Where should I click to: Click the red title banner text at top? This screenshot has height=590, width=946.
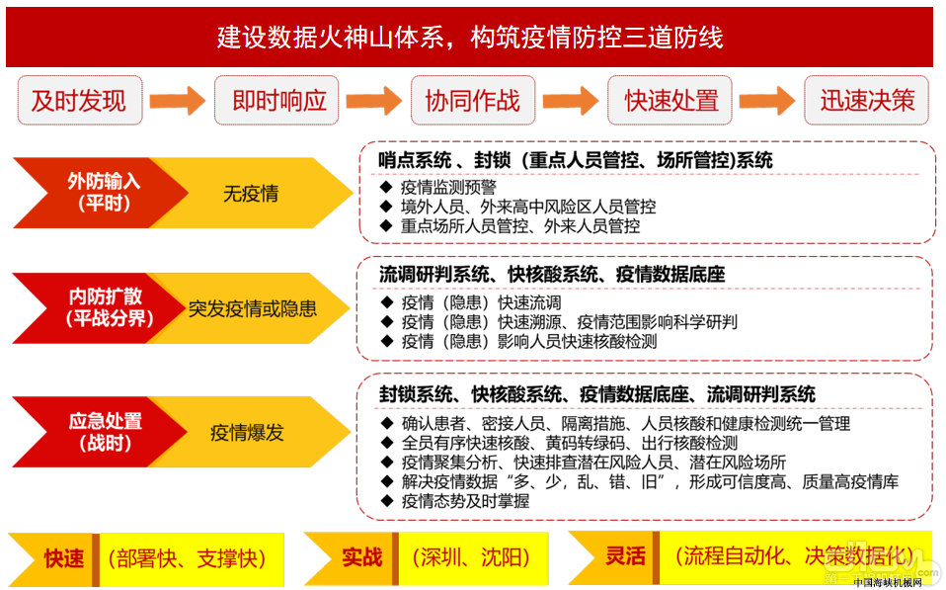click(470, 38)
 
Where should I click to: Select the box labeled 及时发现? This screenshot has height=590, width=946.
click(80, 100)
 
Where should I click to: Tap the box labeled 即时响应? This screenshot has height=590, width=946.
click(276, 100)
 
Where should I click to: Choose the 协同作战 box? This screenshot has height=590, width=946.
click(473, 100)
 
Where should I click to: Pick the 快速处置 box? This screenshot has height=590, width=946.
click(670, 100)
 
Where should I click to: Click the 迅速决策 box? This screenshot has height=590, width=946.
click(866, 100)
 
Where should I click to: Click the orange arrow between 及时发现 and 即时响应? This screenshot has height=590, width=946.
click(178, 100)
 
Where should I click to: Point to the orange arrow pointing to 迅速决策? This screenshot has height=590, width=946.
click(767, 100)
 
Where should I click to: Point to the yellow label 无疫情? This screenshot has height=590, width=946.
click(251, 194)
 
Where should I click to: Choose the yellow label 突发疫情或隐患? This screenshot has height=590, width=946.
click(252, 308)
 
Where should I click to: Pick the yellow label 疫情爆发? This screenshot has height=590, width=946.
click(247, 433)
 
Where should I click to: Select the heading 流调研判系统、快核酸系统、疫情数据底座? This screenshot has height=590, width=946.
click(552, 274)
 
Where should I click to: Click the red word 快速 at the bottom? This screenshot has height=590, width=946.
click(64, 558)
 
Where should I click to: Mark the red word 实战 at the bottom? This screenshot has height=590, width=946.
click(362, 556)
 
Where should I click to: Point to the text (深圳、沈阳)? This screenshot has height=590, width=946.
click(471, 556)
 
